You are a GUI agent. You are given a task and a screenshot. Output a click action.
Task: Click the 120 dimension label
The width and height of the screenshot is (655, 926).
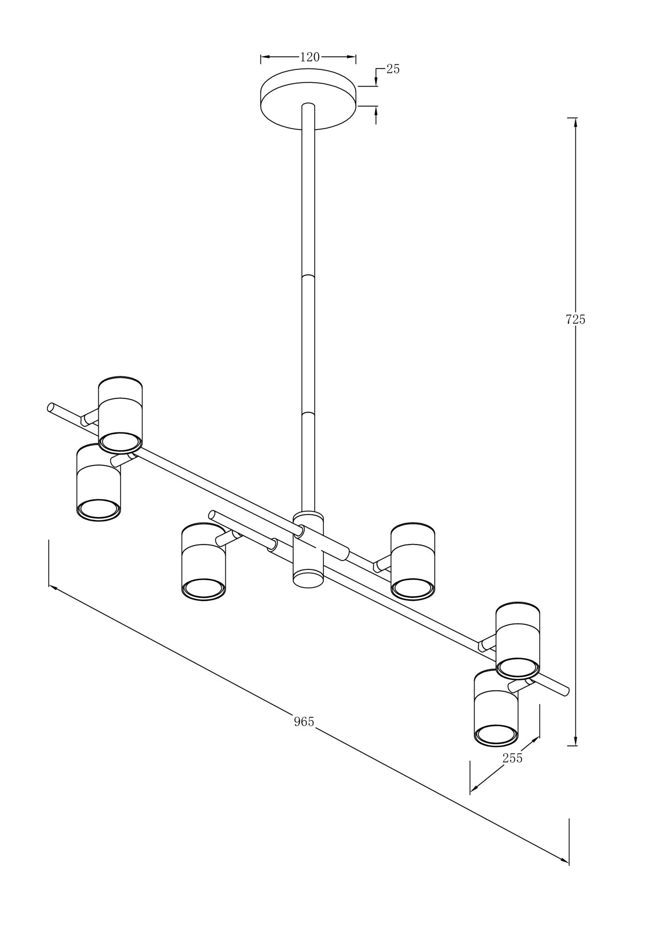[x=310, y=57]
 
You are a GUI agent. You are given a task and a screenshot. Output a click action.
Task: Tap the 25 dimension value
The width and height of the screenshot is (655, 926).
[x=393, y=69]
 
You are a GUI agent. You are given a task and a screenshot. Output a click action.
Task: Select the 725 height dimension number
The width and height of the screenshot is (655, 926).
[x=575, y=319]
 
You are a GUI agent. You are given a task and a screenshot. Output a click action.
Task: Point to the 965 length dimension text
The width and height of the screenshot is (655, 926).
[x=304, y=721]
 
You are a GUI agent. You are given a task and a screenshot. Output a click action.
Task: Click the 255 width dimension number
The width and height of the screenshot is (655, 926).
[x=512, y=758]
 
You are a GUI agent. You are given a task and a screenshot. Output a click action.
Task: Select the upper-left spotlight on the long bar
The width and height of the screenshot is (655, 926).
[x=120, y=415]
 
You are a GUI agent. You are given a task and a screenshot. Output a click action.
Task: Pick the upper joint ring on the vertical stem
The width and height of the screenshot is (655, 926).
[x=308, y=276]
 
